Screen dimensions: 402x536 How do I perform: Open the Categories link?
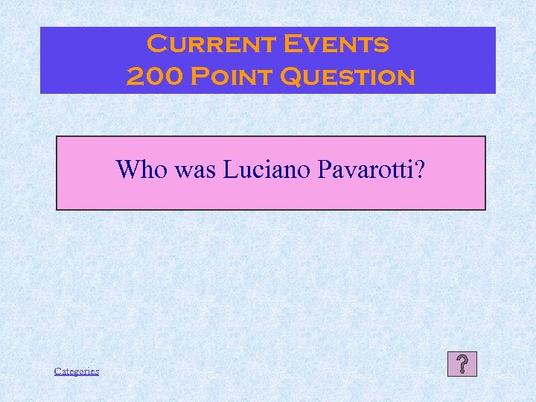tap(77, 371)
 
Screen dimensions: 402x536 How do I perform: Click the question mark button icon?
tap(462, 364)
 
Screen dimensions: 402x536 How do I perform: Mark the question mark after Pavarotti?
tap(421, 170)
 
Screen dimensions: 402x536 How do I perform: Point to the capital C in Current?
tap(157, 44)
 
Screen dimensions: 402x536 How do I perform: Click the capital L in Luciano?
tap(224, 170)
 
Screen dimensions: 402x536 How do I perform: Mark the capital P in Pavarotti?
tap(324, 170)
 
